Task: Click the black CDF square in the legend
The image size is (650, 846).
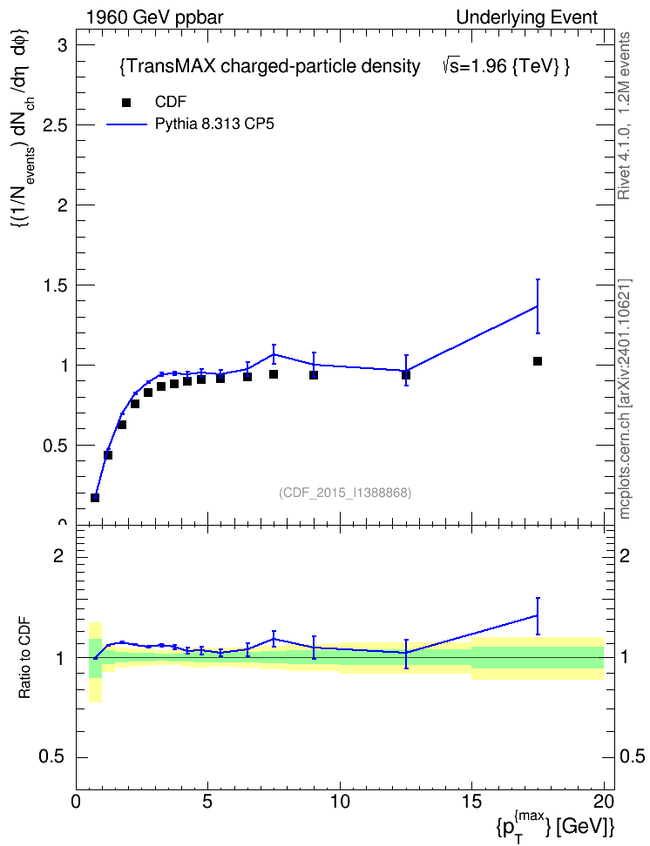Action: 125,102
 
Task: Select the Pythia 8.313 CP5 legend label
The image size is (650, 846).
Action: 214,124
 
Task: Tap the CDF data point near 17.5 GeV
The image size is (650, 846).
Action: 537,361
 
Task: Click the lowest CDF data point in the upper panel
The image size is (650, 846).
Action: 95,498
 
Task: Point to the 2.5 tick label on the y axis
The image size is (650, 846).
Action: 55,125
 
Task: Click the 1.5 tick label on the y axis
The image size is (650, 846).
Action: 55,285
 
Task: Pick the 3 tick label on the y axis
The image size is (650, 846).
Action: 63,45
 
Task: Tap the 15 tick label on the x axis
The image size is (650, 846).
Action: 471,802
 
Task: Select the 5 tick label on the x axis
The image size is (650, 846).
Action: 207,802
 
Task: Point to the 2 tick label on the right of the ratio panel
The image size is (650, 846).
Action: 625,555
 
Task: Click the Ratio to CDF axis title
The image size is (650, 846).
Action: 24,658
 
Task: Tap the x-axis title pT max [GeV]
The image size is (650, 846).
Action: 554,825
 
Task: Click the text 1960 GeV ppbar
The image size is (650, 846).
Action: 154,17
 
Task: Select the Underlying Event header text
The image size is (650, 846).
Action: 527,17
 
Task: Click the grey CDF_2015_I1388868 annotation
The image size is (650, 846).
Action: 345,493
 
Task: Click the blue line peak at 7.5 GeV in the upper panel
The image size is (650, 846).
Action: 274,354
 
